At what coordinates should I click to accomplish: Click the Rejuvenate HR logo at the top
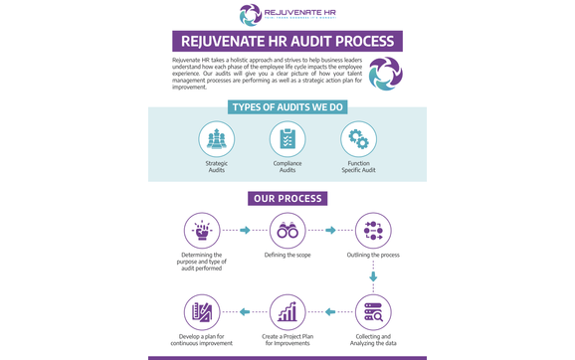287,14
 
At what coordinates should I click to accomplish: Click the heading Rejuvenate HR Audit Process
287,42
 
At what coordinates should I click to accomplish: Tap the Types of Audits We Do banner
287,107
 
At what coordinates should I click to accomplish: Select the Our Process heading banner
287,198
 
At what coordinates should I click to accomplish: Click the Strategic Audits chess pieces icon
216,139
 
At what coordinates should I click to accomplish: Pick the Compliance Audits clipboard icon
287,139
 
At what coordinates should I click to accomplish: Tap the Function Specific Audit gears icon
358,139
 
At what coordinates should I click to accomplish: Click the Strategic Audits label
216,166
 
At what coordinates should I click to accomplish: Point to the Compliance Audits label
287,166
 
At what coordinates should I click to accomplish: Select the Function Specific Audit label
358,166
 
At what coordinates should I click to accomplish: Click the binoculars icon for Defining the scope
287,231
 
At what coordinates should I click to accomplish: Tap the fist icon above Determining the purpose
202,231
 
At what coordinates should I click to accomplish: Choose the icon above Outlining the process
373,231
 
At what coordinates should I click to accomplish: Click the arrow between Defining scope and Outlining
330,231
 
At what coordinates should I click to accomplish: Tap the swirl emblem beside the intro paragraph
385,73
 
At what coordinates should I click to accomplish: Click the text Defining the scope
287,256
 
